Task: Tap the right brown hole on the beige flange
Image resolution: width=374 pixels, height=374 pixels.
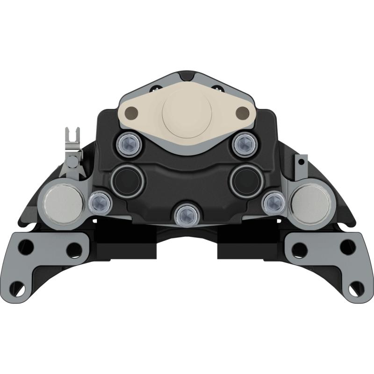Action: click(242, 112)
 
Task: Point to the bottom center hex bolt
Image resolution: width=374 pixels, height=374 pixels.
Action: click(187, 216)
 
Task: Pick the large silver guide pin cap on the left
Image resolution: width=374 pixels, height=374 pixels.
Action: click(62, 202)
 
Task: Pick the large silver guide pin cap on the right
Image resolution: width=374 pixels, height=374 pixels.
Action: click(310, 202)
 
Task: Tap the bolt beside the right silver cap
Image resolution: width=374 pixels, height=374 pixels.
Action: click(274, 203)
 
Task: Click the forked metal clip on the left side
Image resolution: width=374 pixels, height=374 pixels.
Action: click(72, 140)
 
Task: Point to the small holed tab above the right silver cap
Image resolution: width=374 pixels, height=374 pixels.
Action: click(301, 161)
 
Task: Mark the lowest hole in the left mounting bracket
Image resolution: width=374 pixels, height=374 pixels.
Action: click(18, 288)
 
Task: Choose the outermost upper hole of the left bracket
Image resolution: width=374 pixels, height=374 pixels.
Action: click(27, 246)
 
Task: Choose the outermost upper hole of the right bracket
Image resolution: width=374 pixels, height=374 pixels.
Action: click(347, 246)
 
